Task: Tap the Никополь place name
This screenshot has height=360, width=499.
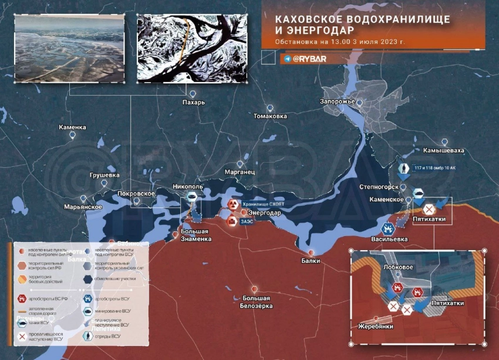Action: [188, 187]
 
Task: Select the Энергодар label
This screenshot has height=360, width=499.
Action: [265, 212]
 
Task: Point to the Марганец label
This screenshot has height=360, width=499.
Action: [240, 172]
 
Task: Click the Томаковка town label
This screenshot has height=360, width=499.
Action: [270, 116]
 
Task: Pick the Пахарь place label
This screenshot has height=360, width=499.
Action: [193, 102]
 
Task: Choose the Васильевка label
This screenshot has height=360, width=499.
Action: [389, 240]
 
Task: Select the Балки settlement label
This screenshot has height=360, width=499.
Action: [311, 260]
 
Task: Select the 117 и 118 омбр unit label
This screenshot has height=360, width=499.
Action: [435, 168]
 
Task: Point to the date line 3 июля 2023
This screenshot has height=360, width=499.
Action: [340, 42]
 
